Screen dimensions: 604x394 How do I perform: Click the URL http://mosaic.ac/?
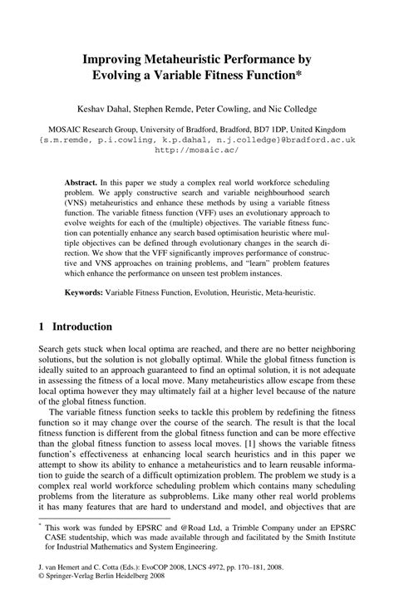(196, 150)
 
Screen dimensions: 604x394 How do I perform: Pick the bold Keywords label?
(84, 292)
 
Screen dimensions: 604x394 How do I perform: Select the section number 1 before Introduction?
(42, 327)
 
